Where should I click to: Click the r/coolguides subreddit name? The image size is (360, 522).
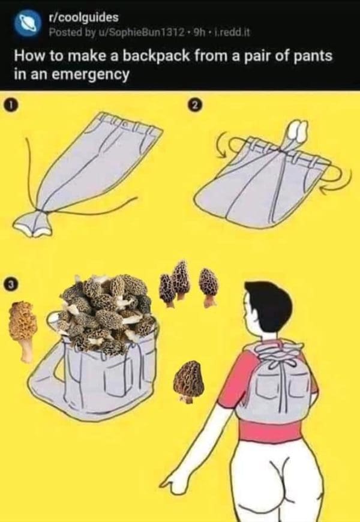coord(83,17)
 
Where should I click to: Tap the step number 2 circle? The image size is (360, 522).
coord(196,105)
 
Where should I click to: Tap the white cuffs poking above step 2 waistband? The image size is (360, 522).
coord(298,130)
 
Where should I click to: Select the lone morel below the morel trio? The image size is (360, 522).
coord(188,382)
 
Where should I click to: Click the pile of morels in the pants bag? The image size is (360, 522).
coord(107,312)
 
